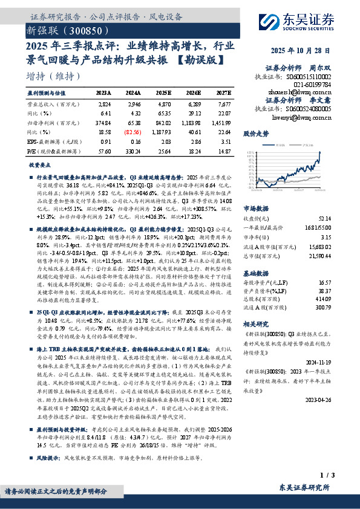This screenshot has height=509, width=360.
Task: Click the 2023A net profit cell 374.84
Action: [104, 123]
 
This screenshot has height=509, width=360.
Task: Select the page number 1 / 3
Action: [324, 478]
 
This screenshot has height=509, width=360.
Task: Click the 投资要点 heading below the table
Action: [39, 164]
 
